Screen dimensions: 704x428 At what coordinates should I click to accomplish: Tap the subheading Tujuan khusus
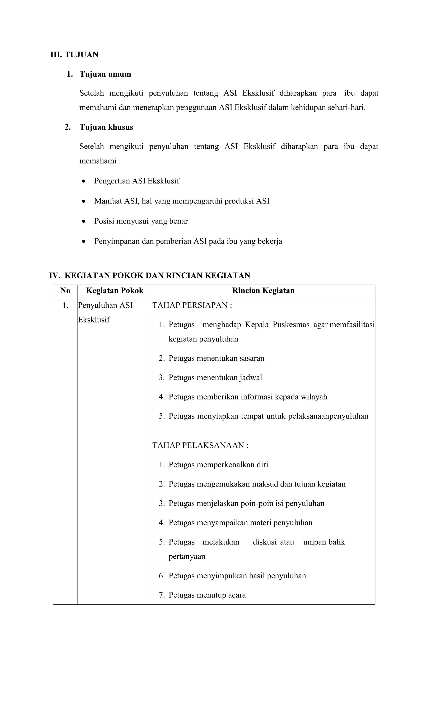[106, 127]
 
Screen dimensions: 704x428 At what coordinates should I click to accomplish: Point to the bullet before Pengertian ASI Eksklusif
[83, 181]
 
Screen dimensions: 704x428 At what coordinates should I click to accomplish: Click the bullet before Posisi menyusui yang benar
[83, 221]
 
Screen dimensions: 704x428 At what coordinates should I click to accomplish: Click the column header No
[65, 291]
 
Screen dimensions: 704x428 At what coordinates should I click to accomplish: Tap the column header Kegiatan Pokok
[115, 291]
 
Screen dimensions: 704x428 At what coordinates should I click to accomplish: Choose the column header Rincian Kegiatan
[263, 291]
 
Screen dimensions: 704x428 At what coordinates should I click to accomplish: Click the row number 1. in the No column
[65, 305]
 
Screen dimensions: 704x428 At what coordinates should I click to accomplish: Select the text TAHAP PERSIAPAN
[190, 305]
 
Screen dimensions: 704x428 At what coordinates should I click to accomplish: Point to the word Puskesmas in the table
[291, 325]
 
